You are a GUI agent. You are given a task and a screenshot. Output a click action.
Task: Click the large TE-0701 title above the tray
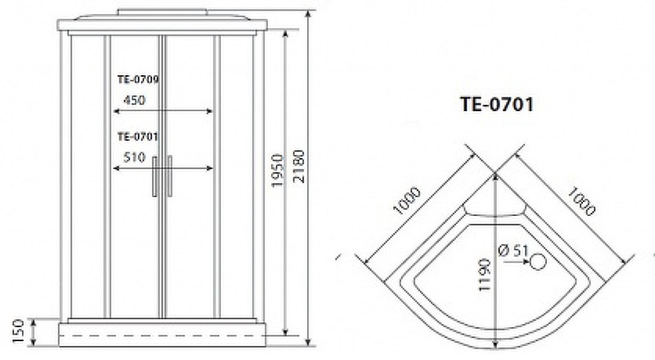click(497, 104)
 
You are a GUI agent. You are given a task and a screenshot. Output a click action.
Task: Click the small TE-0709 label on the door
click(138, 79)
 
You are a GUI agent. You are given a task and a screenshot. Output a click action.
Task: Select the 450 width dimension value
click(134, 101)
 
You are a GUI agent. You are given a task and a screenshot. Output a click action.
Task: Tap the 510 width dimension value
click(134, 157)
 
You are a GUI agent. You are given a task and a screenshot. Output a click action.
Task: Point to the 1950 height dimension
click(278, 171)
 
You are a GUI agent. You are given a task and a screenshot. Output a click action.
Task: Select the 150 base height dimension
click(18, 331)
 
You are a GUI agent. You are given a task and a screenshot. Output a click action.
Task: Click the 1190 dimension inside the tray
click(484, 274)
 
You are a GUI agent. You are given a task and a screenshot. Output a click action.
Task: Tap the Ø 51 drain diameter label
click(513, 250)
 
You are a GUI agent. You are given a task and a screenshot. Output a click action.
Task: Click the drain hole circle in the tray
click(538, 262)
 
